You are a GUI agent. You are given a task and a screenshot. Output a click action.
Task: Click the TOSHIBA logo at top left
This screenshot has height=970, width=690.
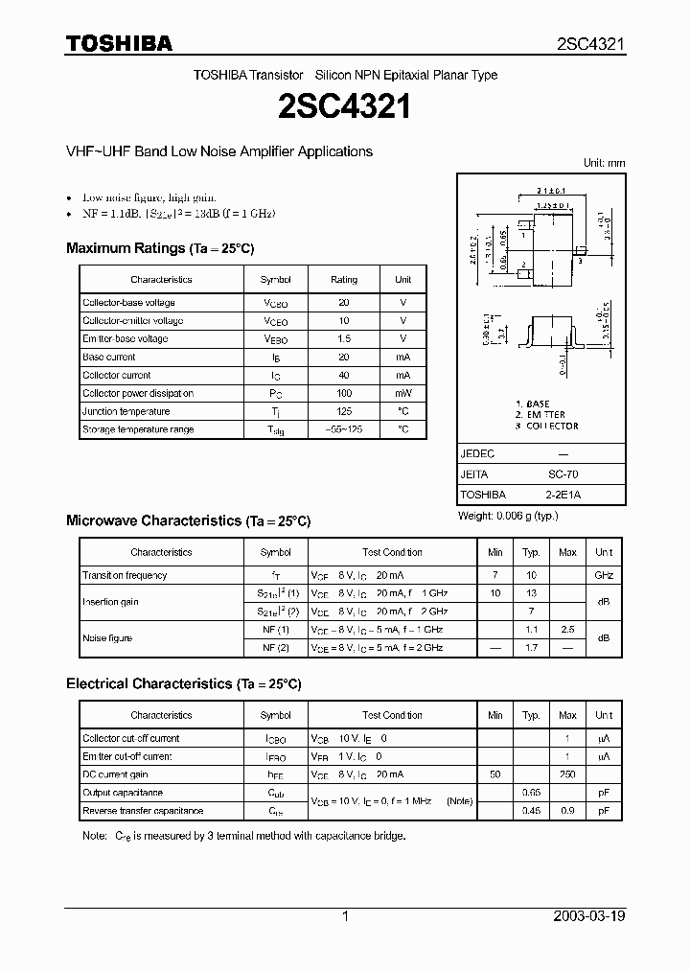coord(119,43)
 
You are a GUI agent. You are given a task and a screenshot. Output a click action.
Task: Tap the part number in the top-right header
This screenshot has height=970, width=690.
coord(591,44)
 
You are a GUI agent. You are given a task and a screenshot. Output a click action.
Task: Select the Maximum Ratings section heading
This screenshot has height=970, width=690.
coord(160,248)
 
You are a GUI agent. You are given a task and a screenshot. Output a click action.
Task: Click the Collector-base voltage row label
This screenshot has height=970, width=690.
coord(128,303)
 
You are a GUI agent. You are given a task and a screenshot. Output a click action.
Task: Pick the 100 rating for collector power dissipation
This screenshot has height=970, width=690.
coord(344,393)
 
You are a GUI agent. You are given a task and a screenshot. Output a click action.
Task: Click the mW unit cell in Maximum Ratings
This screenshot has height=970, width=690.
coord(402,393)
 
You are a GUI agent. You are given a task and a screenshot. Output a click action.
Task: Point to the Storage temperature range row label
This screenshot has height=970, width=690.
coord(138,429)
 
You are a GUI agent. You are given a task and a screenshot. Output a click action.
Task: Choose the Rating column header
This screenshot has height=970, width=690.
coord(344,280)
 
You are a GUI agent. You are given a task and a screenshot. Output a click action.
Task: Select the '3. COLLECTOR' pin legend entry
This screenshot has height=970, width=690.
coord(546,426)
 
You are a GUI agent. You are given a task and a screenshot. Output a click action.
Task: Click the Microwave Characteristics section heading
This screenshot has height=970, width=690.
coord(188,520)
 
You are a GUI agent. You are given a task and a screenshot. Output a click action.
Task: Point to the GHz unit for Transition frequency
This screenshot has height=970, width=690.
coord(604,575)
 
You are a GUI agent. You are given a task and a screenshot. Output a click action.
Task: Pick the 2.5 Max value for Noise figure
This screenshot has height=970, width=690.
coord(567,630)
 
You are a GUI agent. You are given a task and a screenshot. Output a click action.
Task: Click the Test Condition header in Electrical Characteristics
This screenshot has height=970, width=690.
coord(392,715)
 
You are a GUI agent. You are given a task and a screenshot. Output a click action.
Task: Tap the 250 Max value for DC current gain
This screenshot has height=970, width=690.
coord(567,774)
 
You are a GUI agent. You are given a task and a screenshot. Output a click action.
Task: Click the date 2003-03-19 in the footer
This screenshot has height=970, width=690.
coord(589,916)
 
